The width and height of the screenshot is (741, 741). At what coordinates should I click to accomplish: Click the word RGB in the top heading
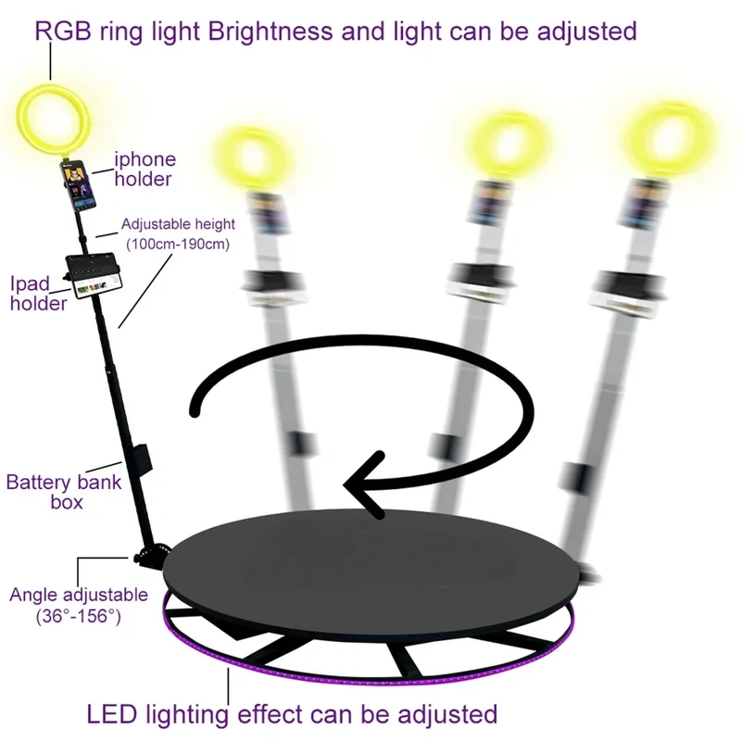[x=63, y=31]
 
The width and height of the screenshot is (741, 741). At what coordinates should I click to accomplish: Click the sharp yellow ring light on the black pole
[x=53, y=120]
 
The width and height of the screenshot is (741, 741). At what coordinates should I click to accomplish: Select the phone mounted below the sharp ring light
[x=79, y=186]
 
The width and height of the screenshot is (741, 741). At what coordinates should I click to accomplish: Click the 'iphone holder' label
[x=145, y=170]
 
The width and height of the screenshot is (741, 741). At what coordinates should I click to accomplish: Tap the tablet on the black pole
[x=94, y=275]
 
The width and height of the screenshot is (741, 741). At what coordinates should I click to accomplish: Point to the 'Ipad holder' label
[x=38, y=294]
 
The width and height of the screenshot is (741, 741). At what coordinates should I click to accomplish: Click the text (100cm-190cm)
[x=178, y=245]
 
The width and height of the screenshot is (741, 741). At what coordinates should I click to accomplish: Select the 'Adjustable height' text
[x=178, y=224]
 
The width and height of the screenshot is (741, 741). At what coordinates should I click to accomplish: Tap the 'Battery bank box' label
[x=64, y=492]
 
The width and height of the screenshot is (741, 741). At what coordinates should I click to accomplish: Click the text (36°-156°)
[x=79, y=616]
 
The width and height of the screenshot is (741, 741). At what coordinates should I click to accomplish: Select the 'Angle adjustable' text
[x=79, y=595]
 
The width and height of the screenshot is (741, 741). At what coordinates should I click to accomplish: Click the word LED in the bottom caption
[x=111, y=714]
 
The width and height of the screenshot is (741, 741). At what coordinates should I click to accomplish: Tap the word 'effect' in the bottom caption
[x=270, y=714]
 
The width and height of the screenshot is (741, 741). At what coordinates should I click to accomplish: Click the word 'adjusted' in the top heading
[x=587, y=32]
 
